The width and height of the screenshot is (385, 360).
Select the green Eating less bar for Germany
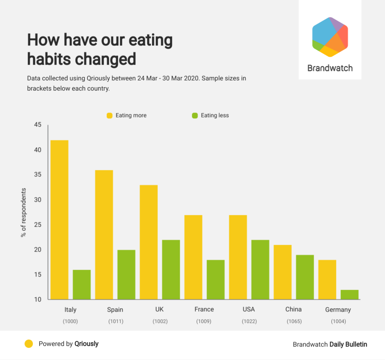click(x=350, y=295)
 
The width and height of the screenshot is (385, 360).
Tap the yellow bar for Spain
click(x=104, y=235)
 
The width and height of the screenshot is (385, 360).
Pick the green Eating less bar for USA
click(x=260, y=270)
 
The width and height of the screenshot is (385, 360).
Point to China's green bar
click(x=305, y=277)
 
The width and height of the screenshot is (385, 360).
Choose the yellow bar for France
click(x=193, y=257)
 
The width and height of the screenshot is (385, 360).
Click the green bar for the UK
click(x=171, y=270)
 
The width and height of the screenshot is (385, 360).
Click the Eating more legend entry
click(x=127, y=115)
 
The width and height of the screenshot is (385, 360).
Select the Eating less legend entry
click(x=211, y=115)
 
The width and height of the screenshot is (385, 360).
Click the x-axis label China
click(x=293, y=309)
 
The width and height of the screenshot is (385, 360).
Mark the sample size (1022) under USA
click(x=249, y=321)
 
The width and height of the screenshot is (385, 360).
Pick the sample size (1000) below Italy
click(x=70, y=321)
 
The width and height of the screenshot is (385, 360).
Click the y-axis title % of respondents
click(x=23, y=212)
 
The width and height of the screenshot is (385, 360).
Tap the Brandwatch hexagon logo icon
click(x=330, y=37)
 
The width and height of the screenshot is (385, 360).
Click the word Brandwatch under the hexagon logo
click(x=330, y=68)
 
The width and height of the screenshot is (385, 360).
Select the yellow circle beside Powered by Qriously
click(x=29, y=344)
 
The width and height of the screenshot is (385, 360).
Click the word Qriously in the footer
click(x=86, y=344)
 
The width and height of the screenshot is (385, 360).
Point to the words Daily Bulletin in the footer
click(x=348, y=344)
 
